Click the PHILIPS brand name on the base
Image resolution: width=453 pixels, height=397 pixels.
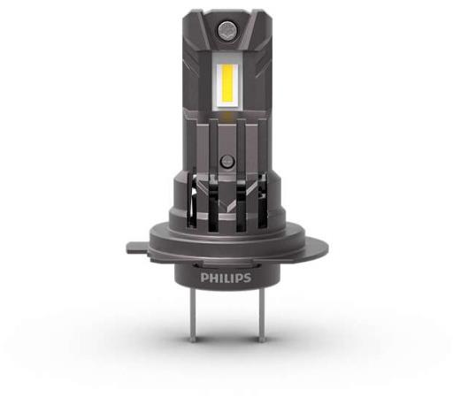226,278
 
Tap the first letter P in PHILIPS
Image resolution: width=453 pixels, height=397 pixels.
203,278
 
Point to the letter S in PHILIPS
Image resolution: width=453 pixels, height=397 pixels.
247,278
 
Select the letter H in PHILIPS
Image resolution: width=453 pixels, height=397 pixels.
212,278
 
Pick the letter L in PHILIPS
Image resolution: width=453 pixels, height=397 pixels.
226,278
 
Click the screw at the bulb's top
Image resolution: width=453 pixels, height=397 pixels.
227,29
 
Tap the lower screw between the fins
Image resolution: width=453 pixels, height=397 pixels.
227,161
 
